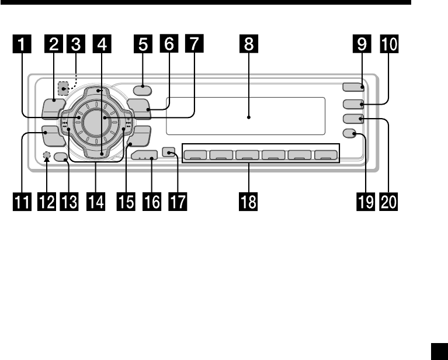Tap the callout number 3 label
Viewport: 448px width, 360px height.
pos(74,44)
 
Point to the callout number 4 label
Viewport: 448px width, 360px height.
pos(102,44)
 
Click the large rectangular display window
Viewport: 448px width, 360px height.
pos(245,116)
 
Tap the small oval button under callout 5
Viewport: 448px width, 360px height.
pos(141,90)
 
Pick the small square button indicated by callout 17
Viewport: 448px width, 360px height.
pos(169,153)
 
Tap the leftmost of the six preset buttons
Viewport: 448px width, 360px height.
pos(196,155)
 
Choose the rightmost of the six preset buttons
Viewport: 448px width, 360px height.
pos(325,155)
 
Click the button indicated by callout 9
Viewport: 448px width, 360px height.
pos(353,88)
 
